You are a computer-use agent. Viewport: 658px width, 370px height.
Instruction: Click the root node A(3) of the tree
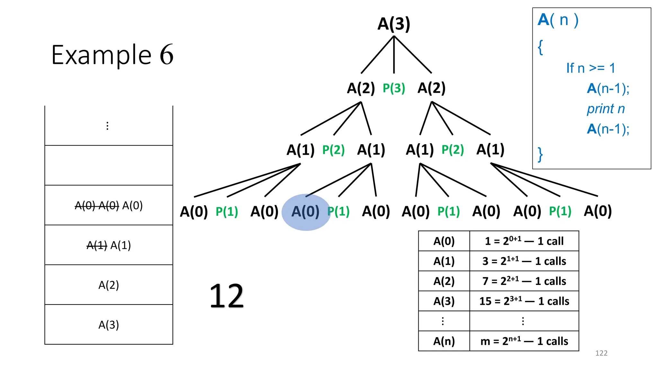[x=394, y=24]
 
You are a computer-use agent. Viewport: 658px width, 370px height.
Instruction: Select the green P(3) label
[x=394, y=88]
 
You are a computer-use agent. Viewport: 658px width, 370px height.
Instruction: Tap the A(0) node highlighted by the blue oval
[x=305, y=212]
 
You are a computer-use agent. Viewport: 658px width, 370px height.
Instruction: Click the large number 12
[x=227, y=296]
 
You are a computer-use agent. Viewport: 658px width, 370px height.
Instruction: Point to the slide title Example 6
[x=112, y=55]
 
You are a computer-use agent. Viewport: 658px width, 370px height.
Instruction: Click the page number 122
[x=601, y=353]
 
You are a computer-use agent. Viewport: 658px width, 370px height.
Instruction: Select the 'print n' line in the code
[x=606, y=109]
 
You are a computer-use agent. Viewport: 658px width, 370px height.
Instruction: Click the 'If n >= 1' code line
[x=591, y=68]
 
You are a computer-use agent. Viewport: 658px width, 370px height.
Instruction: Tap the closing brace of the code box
[x=540, y=154]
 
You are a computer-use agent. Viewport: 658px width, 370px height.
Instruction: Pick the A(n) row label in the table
[x=444, y=341]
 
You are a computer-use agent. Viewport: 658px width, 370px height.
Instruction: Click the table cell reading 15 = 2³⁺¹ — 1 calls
[x=524, y=301]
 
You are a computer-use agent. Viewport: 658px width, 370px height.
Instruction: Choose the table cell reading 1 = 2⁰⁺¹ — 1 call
[x=524, y=241]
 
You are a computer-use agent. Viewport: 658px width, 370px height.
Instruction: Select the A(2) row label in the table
[x=444, y=281]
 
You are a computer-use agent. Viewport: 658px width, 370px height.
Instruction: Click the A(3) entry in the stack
[x=109, y=325]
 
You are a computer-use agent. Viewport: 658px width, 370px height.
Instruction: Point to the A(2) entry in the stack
[x=109, y=285]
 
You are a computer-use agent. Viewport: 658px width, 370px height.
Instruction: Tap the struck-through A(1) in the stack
[x=97, y=245]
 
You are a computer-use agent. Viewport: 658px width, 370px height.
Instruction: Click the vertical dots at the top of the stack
[x=107, y=126]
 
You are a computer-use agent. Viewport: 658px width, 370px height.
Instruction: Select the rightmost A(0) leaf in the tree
[x=598, y=211]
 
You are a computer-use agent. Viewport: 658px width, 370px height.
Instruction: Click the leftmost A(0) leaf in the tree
[x=194, y=212]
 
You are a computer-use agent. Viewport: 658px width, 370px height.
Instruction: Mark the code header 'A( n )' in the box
[x=558, y=20]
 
